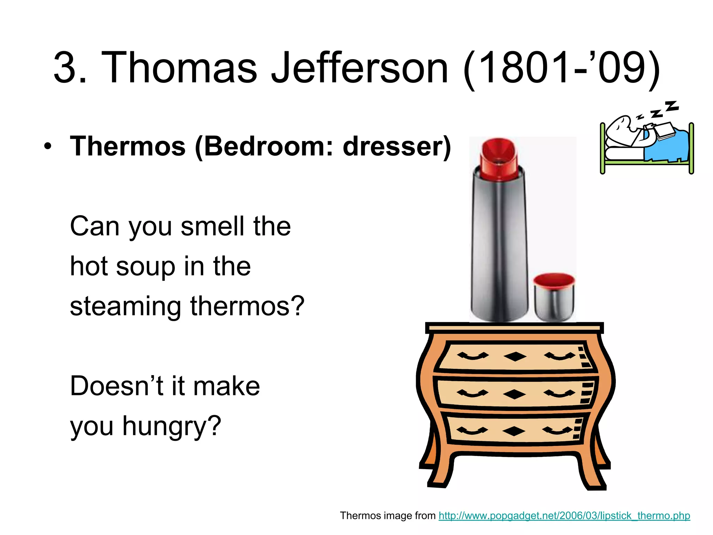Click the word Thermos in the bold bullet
coord(128,146)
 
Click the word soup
coord(146,267)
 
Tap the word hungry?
coord(171,427)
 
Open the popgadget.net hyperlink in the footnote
coord(564,515)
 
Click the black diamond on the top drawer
coord(515,357)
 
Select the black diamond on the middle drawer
coord(515,394)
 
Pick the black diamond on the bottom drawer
coord(514,431)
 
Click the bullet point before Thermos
coord(48,147)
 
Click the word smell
coord(212,226)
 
